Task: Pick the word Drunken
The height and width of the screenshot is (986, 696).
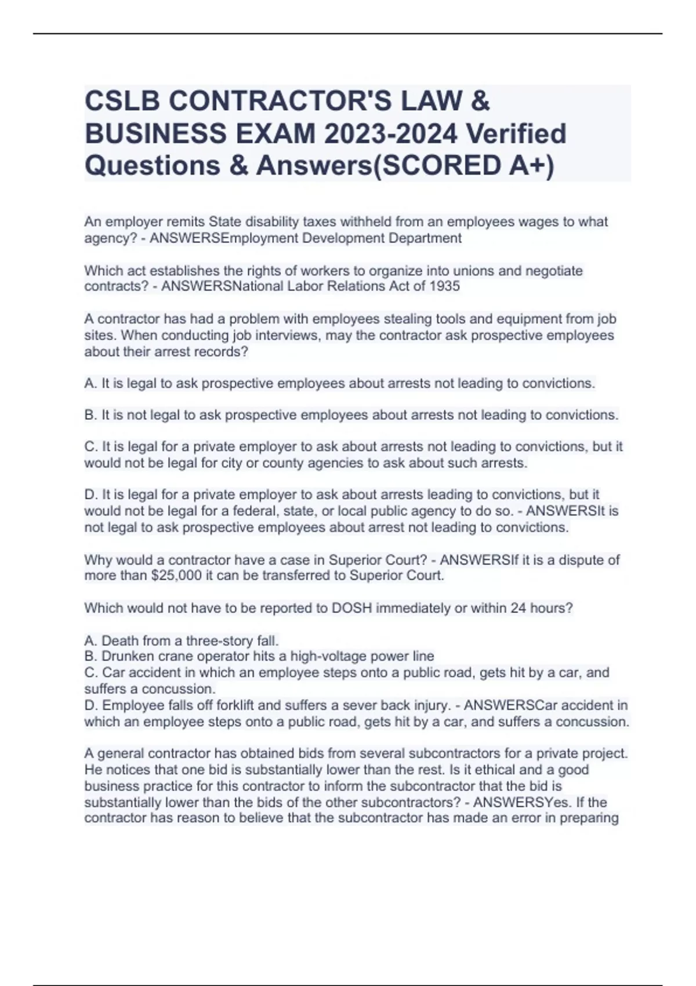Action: point(126,656)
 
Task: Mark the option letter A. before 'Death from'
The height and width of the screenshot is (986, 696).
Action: point(90,640)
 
